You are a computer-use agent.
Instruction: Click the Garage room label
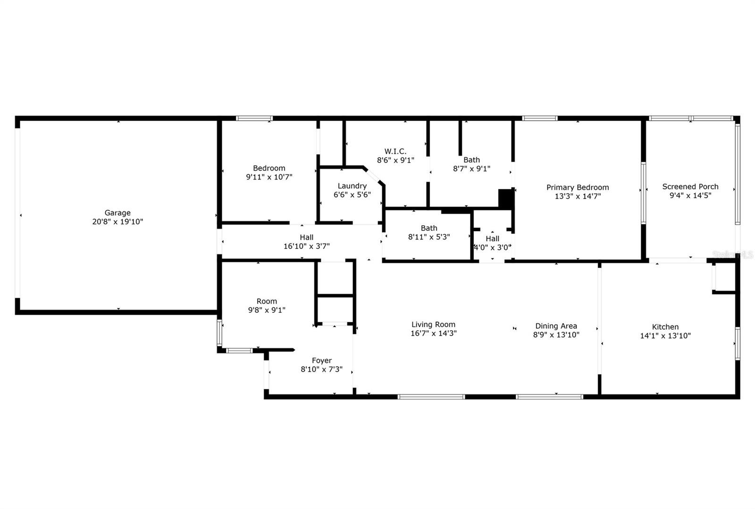coord(117,213)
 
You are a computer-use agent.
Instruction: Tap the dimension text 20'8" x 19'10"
coord(117,222)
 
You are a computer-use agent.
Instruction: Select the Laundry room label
coord(352,186)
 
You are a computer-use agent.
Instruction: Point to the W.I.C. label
coord(395,151)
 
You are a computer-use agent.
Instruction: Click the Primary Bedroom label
coord(578,187)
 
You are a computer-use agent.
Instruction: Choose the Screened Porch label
coord(690,187)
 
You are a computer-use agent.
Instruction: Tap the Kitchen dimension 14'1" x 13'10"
coord(665,336)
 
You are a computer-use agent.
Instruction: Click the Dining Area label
coord(556,326)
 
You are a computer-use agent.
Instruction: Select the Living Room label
coord(433,325)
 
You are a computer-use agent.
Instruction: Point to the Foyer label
coord(321,360)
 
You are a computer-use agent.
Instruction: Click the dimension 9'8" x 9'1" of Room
coord(267,310)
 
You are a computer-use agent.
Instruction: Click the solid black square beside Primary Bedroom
coord(506,199)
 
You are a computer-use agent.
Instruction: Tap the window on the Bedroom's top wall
coord(254,118)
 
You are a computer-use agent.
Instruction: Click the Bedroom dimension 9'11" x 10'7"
coord(269,177)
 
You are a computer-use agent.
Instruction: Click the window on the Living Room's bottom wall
coord(431,397)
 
